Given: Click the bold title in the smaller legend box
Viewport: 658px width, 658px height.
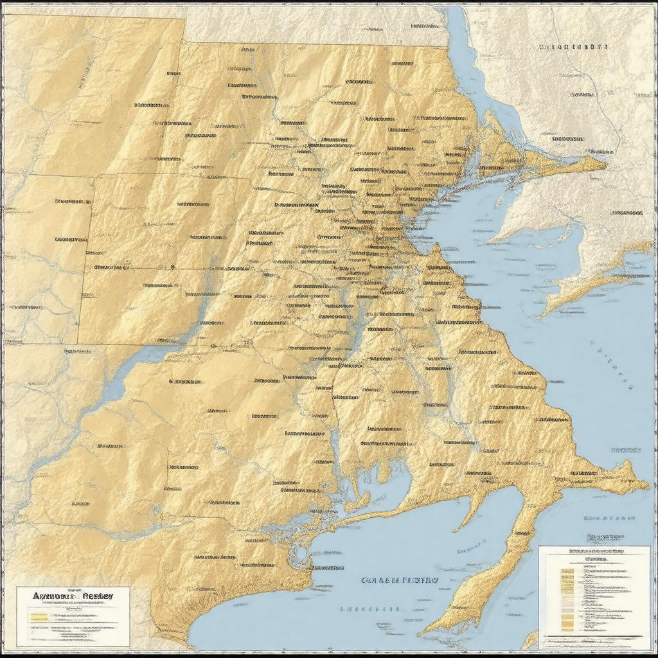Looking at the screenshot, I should (72, 596).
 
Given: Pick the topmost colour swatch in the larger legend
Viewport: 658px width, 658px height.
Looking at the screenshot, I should (567, 570).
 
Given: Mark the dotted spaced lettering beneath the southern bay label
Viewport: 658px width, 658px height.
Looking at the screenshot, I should (369, 608).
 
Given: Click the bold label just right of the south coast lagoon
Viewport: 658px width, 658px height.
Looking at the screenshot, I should (326, 568).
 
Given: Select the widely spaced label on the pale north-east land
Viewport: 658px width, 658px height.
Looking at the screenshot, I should (573, 47).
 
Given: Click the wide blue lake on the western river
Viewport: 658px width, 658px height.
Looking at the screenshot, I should (116, 386).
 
